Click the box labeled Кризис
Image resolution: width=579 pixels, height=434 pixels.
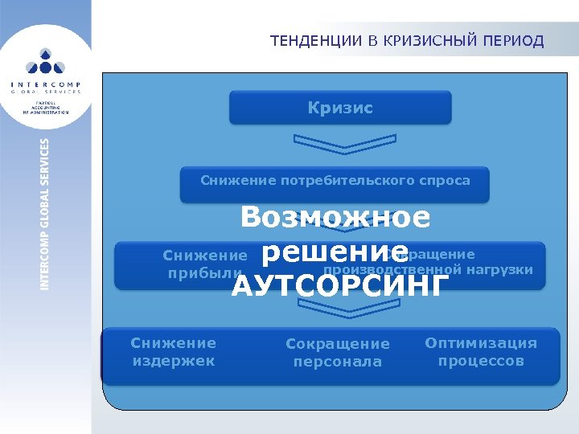(340, 108)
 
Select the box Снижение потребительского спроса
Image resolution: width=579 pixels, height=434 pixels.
(335, 182)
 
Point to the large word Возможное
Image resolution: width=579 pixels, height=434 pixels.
(335, 217)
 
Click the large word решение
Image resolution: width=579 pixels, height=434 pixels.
(335, 251)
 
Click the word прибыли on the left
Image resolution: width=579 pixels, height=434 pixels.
(203, 273)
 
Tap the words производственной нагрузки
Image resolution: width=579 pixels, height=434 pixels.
(428, 269)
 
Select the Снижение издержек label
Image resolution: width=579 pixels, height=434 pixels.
(173, 352)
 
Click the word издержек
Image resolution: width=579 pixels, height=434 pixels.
(173, 361)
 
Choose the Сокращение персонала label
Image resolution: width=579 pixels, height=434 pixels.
(337, 353)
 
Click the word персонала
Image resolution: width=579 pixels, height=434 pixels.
(337, 362)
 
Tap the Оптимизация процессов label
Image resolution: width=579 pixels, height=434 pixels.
(481, 352)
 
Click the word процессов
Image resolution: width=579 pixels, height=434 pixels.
(481, 361)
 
